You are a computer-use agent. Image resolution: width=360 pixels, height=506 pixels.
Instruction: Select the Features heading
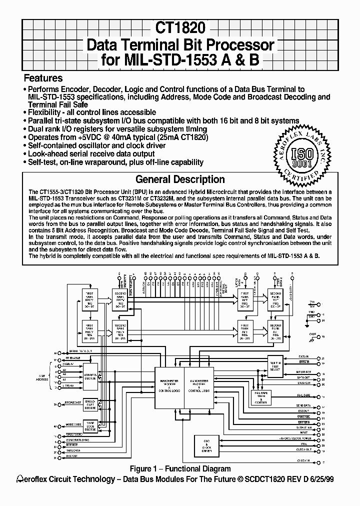tap(43, 78)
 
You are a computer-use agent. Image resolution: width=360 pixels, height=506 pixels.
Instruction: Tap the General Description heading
tap(180, 179)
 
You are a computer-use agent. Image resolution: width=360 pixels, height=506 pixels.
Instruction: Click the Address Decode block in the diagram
tap(90, 376)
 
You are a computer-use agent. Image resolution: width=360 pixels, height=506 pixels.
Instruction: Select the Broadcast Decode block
tap(90, 404)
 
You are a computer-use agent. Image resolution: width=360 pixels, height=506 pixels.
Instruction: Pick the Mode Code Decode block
tap(90, 425)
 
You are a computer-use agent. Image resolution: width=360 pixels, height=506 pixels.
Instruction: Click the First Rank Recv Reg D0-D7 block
tap(90, 298)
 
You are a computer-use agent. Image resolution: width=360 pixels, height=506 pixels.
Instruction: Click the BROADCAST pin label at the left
tap(73, 402)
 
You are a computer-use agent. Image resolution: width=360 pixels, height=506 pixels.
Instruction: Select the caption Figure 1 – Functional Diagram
tap(180, 468)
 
